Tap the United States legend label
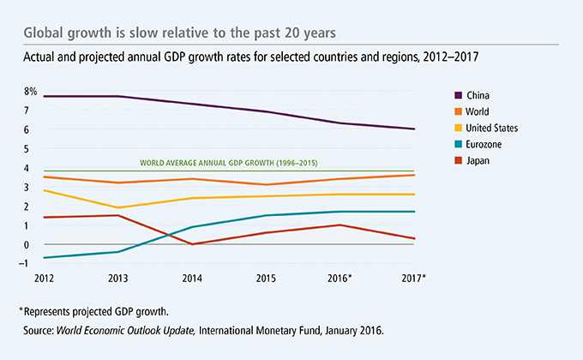(x=492, y=128)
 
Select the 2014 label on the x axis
(x=192, y=279)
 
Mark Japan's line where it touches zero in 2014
(x=192, y=244)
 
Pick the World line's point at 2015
(x=267, y=184)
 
